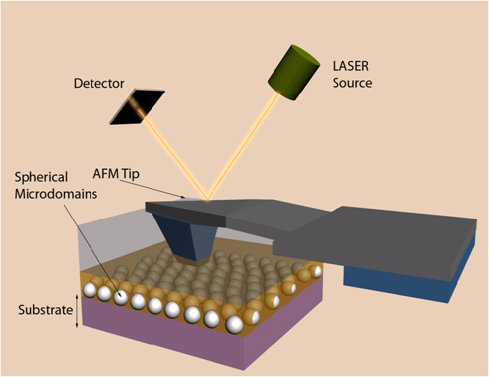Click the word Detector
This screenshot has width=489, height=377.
click(99, 84)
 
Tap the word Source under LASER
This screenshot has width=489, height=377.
click(352, 82)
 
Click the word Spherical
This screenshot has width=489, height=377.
click(43, 177)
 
